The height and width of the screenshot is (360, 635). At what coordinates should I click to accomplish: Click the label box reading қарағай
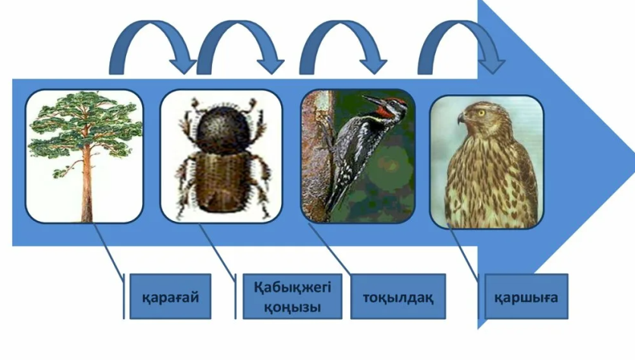170,296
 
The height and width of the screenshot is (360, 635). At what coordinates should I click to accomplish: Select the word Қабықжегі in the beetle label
292,287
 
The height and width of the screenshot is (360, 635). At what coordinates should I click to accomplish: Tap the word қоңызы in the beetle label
292,307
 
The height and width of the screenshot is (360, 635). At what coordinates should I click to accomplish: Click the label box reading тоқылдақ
398,296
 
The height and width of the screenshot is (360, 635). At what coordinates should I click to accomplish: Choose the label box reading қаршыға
526,296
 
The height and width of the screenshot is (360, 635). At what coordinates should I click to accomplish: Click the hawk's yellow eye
481,113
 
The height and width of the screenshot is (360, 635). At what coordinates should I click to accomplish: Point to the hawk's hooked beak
462,118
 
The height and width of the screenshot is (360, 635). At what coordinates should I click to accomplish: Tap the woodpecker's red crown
396,100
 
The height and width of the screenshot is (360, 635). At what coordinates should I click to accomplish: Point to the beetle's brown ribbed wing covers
222,182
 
